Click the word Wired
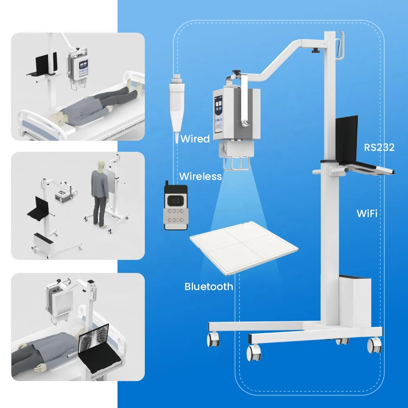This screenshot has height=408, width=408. point(195,139)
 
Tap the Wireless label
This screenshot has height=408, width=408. point(200,176)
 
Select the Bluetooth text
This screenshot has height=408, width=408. point(208,286)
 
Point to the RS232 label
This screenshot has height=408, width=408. point(379,148)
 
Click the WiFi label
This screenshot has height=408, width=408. point(367,213)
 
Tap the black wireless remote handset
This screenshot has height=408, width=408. point(176,206)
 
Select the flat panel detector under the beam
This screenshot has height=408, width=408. point(244,248)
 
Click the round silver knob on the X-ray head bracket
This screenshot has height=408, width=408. point(244,122)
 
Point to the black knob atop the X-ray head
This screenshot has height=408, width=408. point(237,72)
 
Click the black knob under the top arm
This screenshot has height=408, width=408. point(315,51)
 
